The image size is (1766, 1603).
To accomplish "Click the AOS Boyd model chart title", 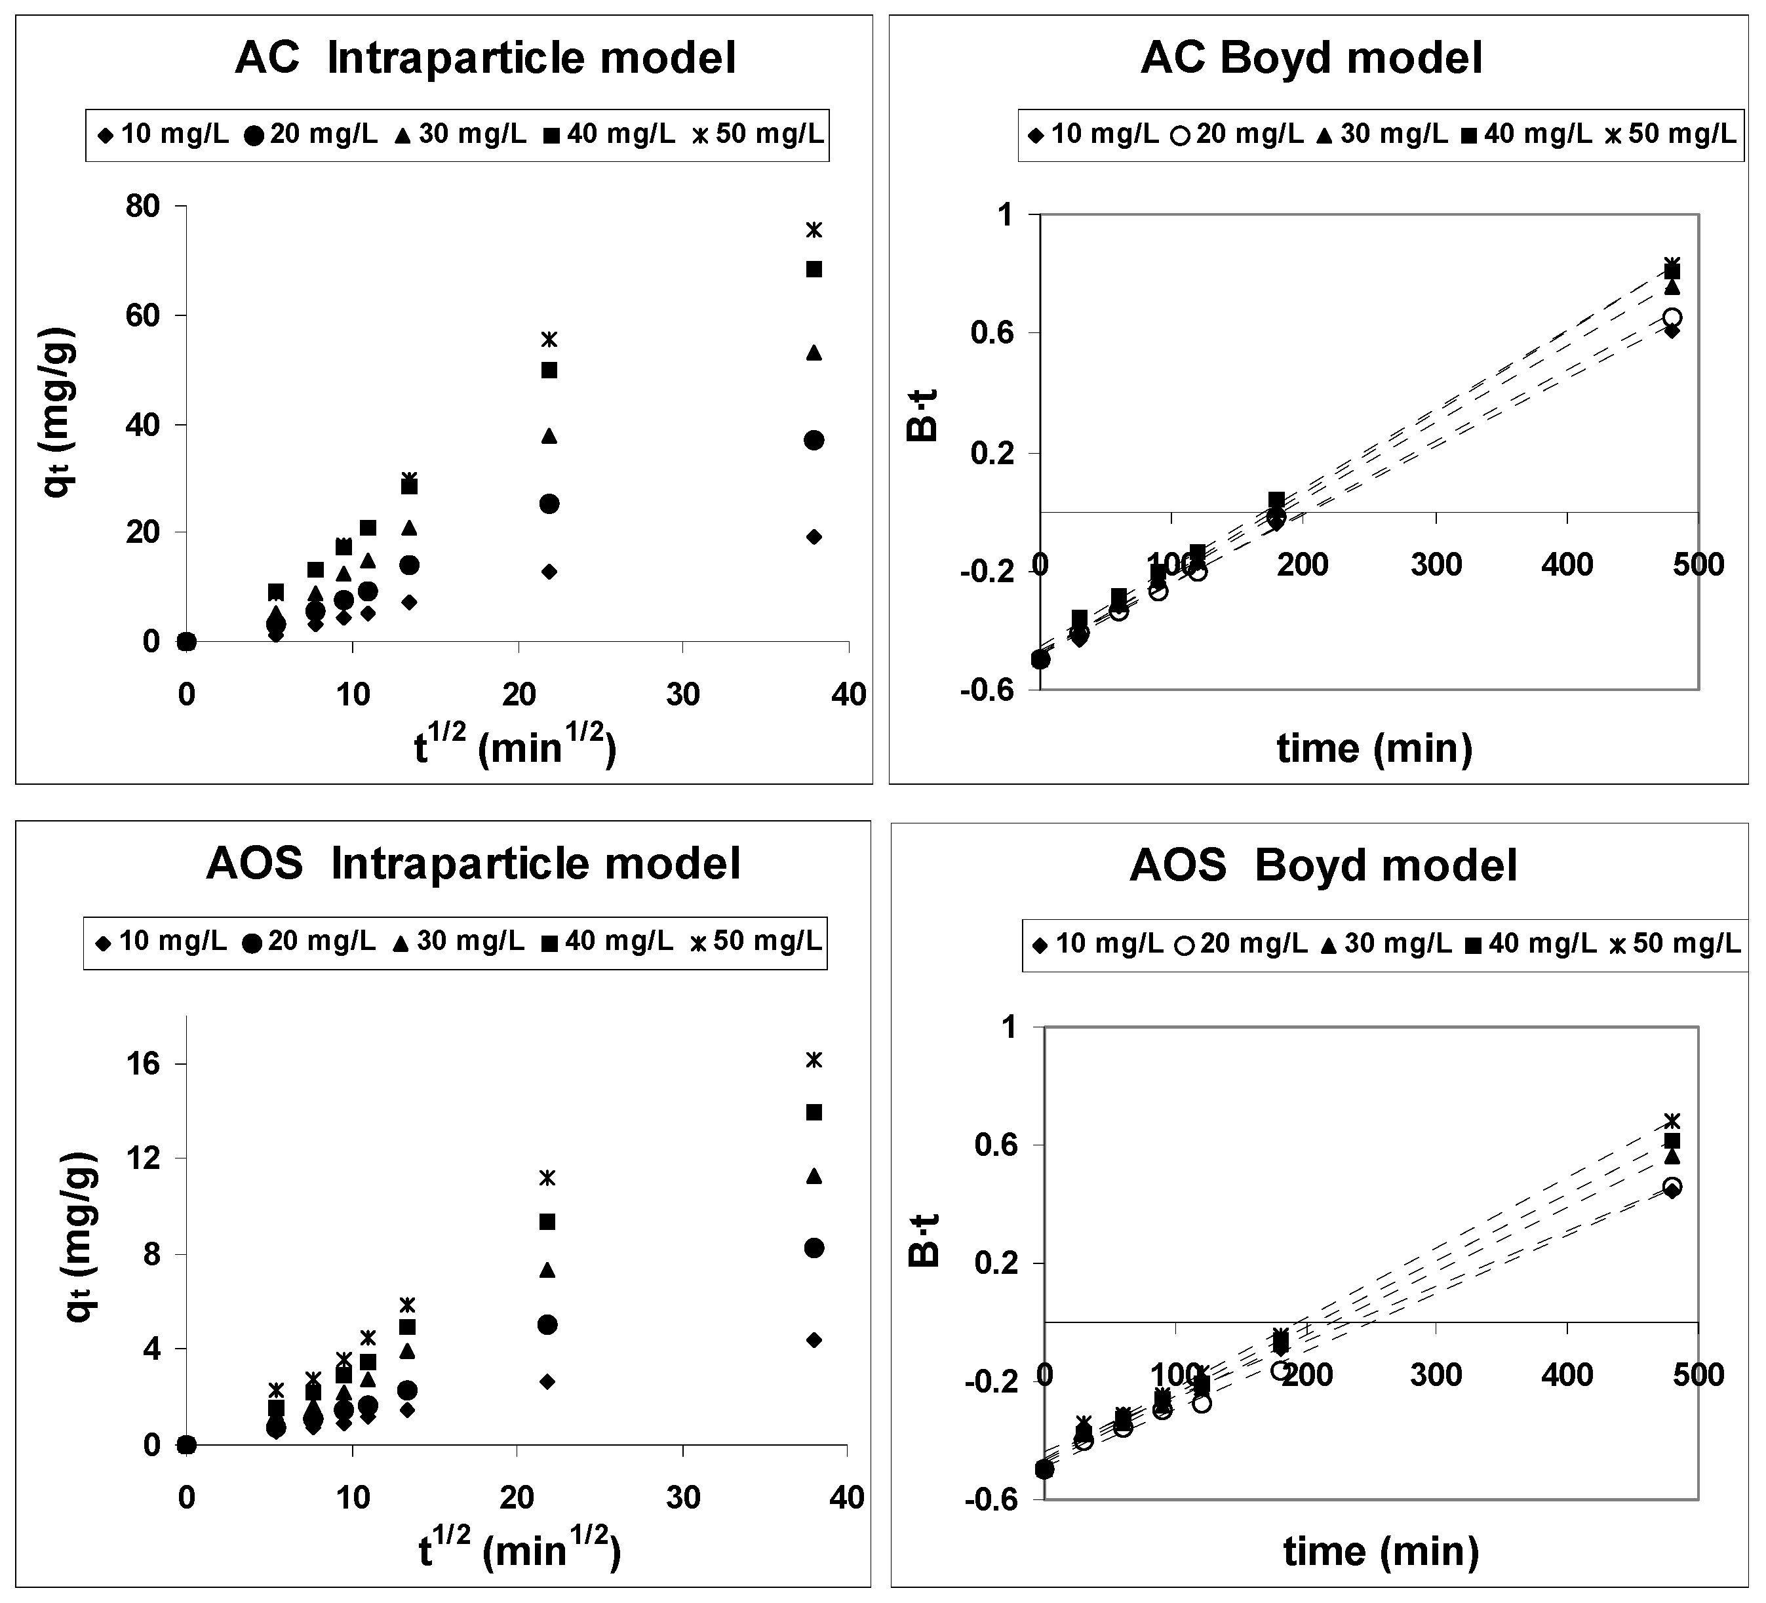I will [x=1323, y=865].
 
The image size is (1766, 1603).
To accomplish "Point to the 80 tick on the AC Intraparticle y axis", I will [x=144, y=207].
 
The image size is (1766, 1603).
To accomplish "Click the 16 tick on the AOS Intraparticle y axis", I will [x=144, y=1063].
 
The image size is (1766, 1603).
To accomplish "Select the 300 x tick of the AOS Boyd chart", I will [x=1436, y=1374].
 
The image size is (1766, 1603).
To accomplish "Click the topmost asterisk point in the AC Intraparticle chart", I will [x=814, y=229].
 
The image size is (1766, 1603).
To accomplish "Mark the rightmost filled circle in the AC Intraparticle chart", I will [x=814, y=440].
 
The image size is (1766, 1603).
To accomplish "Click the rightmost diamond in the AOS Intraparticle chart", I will [x=814, y=1339].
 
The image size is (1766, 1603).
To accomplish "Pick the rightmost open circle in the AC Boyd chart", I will [x=1672, y=317].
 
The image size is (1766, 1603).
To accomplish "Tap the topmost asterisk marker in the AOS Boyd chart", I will [x=1672, y=1120].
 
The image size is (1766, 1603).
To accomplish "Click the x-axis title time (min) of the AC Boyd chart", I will [x=1373, y=748].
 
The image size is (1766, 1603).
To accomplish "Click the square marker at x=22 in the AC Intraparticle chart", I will [x=549, y=370].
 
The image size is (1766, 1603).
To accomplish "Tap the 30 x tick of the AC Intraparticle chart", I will [x=682, y=695].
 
